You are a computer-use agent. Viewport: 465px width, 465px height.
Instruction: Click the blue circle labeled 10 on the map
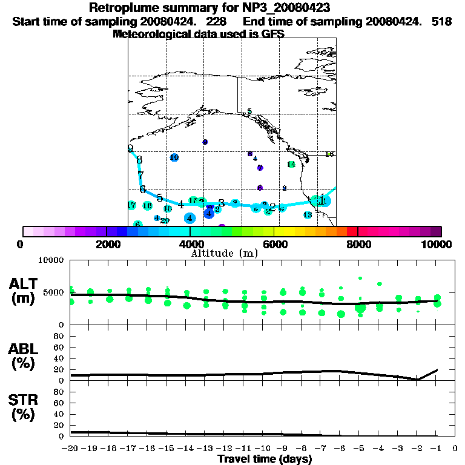pos(174,157)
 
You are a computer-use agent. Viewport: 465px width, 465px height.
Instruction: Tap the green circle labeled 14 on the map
pos(291,164)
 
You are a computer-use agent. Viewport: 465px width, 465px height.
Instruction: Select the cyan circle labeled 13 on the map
pos(308,215)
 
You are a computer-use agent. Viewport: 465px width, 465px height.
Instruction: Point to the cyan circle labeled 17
pos(131,205)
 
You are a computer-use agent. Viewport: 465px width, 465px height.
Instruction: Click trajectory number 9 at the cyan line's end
pos(130,148)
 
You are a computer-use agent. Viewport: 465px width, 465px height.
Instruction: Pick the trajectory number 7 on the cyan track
pos(140,175)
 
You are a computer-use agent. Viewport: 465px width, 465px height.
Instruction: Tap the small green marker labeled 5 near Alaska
pos(249,112)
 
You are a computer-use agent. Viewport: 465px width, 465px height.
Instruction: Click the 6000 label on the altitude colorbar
pos(274,244)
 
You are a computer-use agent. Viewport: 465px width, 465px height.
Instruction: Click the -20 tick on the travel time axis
pos(71,448)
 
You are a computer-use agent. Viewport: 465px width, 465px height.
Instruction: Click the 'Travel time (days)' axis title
pos(265,459)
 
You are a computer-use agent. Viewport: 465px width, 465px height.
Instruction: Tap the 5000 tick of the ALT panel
pos(54,292)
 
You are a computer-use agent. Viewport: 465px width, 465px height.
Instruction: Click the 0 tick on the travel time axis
pos(455,448)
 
